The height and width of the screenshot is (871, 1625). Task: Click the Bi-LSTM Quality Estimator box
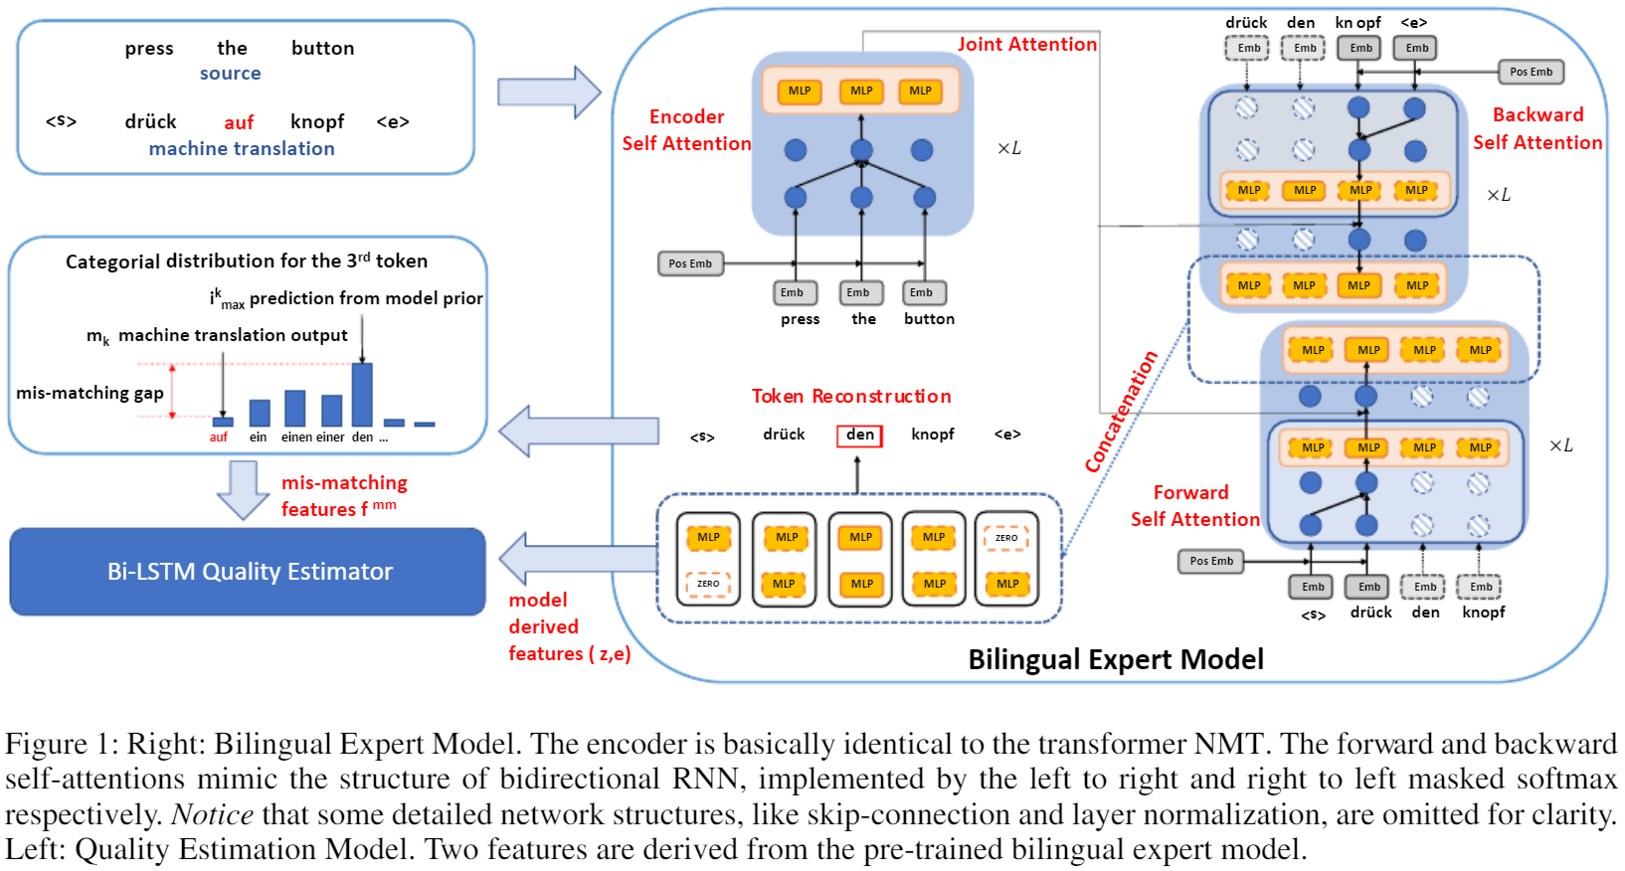[248, 572]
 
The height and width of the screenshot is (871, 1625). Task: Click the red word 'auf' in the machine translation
[239, 122]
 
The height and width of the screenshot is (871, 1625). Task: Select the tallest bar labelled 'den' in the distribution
[362, 395]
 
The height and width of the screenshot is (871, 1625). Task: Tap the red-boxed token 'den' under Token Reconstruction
[859, 435]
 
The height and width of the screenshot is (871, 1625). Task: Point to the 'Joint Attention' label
[1026, 45]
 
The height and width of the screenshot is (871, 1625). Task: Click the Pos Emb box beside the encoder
[690, 263]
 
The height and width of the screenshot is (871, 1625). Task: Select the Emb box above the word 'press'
[794, 292]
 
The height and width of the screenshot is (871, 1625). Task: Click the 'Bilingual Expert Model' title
[1116, 659]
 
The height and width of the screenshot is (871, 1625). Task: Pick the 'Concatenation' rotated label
[1122, 412]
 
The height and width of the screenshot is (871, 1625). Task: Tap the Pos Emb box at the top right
[1531, 72]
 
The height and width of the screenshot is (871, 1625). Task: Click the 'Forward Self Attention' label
[1193, 505]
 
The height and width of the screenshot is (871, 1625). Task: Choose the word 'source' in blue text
[230, 74]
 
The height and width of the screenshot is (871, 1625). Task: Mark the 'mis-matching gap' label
[90, 393]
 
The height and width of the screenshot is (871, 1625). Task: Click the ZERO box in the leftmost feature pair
[708, 584]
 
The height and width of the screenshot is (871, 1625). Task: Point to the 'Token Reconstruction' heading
[851, 396]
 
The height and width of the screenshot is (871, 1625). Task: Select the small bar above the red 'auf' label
[223, 422]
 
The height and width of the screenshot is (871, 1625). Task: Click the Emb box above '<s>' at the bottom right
[1313, 587]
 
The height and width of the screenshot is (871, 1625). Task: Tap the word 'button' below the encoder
[929, 319]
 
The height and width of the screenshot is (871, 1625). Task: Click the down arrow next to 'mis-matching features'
[242, 489]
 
